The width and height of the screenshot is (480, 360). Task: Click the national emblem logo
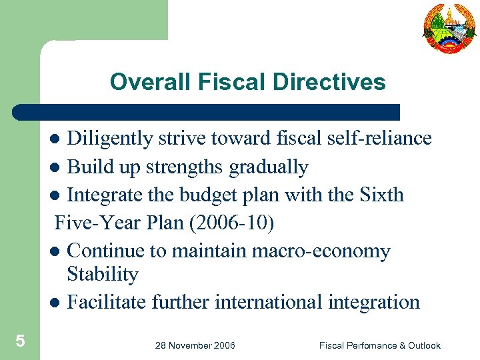click(449, 27)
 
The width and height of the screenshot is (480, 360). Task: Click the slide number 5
click(20, 342)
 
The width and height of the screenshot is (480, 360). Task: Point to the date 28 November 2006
click(195, 345)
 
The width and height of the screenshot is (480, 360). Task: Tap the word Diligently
click(111, 139)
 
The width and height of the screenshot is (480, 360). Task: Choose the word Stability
click(103, 274)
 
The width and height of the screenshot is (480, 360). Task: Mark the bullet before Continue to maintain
click(56, 252)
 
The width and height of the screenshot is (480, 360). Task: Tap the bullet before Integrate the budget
click(56, 196)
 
